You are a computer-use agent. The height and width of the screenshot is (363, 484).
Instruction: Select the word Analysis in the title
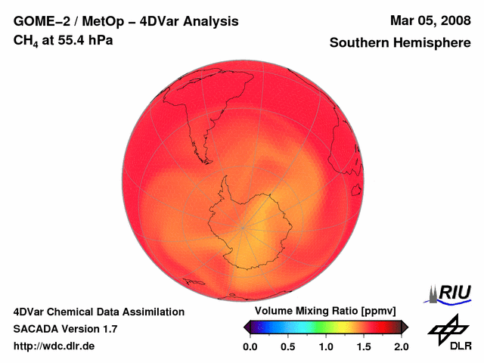click(213, 21)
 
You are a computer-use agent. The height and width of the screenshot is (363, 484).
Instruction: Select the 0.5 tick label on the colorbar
click(288, 346)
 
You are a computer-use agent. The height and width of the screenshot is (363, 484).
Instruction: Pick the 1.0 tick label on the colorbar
click(326, 346)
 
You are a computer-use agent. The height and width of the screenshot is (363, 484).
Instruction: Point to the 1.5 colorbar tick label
click(364, 346)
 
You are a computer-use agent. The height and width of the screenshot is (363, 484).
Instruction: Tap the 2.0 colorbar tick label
click(402, 346)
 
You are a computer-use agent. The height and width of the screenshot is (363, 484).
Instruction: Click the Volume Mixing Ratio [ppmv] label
click(325, 312)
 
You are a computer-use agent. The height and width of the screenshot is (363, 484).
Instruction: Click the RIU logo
click(451, 293)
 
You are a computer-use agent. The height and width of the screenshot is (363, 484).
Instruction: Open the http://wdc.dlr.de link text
click(54, 346)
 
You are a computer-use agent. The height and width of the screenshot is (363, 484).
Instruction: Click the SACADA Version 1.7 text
click(65, 329)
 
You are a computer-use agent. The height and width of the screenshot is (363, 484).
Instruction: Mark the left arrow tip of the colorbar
click(245, 327)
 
